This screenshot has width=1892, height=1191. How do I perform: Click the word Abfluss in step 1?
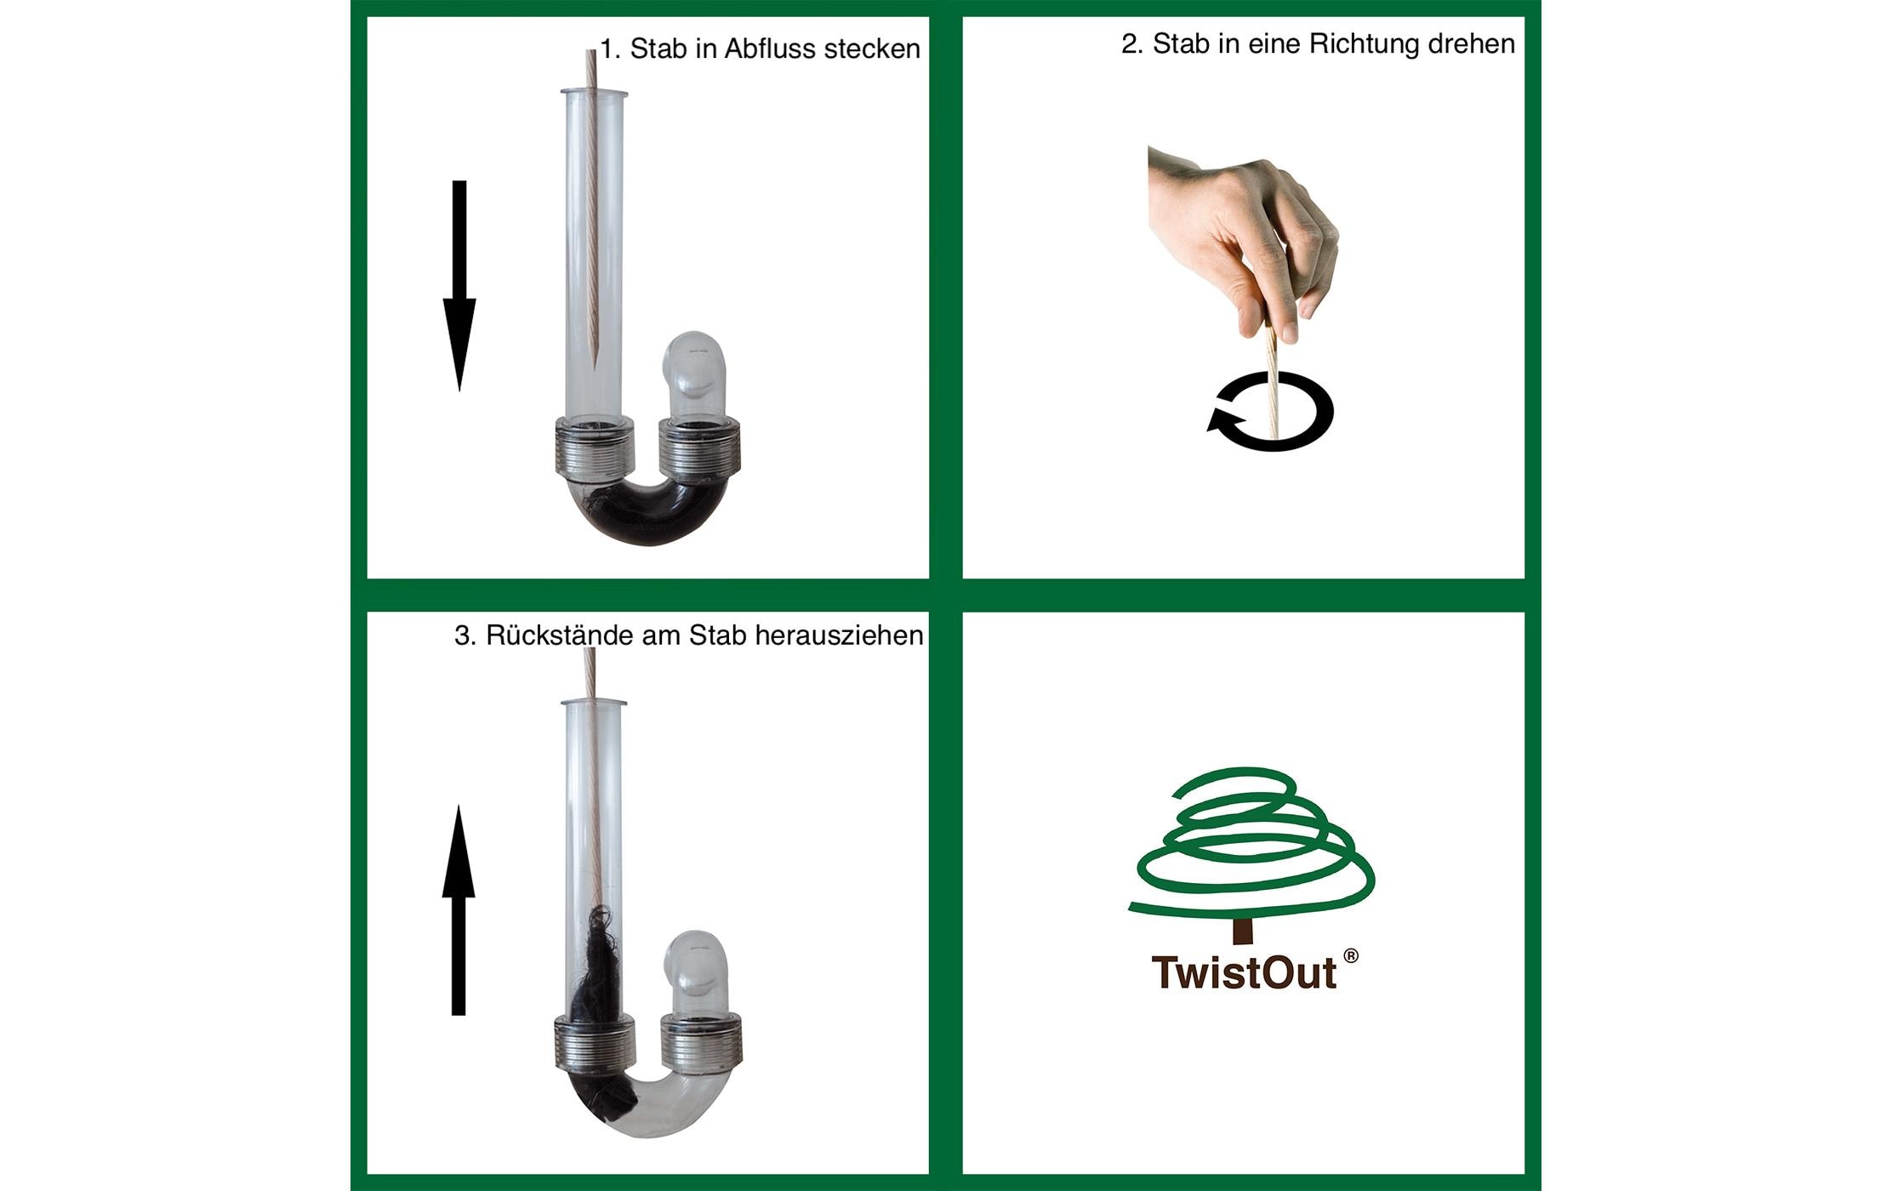[x=772, y=49]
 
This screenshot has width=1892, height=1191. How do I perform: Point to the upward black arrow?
[x=459, y=910]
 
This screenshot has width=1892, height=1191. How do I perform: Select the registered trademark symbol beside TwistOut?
[x=1351, y=956]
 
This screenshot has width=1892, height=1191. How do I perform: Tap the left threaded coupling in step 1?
[x=594, y=449]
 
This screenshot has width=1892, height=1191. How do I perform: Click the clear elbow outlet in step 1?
[x=693, y=374]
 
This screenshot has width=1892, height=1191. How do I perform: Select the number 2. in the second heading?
[x=1131, y=44]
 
